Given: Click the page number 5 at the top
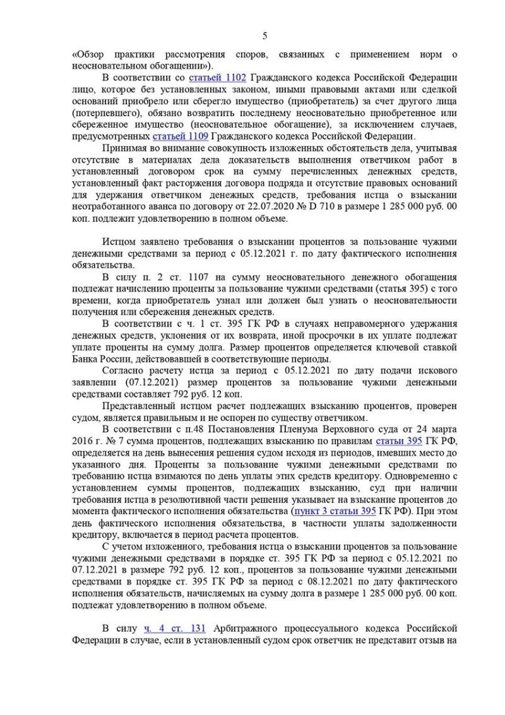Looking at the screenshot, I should (265, 35).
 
